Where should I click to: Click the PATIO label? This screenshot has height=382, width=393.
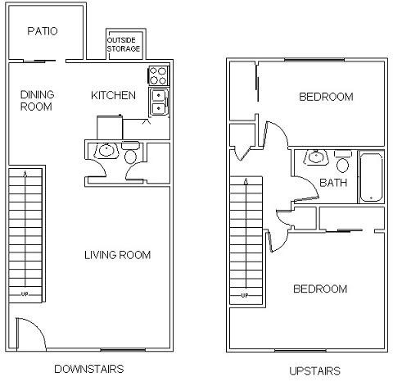click(x=42, y=32)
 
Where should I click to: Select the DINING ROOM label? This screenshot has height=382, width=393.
click(x=36, y=100)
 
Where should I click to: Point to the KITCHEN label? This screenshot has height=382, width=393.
click(x=113, y=95)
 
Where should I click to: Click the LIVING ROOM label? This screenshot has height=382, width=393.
click(x=117, y=255)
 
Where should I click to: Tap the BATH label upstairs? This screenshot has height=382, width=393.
click(x=333, y=183)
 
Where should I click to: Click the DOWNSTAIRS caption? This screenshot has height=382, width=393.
click(x=88, y=369)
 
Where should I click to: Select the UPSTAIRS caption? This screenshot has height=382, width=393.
click(x=314, y=371)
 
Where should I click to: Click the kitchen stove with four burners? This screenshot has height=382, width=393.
click(x=158, y=76)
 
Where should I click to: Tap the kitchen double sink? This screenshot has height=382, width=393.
click(x=158, y=102)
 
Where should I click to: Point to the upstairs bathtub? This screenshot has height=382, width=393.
click(x=371, y=177)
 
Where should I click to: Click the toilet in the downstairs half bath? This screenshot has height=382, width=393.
click(x=130, y=156)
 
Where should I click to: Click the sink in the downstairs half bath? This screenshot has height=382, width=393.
click(x=104, y=151)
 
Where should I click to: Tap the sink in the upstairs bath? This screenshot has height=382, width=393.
click(x=315, y=157)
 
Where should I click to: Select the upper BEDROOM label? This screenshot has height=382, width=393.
click(x=326, y=97)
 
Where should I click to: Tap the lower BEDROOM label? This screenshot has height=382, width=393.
click(x=320, y=289)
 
